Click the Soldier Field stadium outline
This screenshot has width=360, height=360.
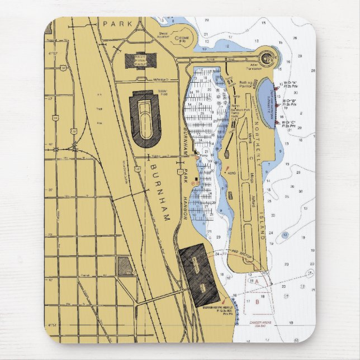(x=145, y=119)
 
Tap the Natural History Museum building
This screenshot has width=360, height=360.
(x=136, y=60)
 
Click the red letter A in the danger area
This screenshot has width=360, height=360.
(x=257, y=281)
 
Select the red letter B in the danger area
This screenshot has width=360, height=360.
(x=256, y=302)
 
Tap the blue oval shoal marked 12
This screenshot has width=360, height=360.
(x=285, y=235)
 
